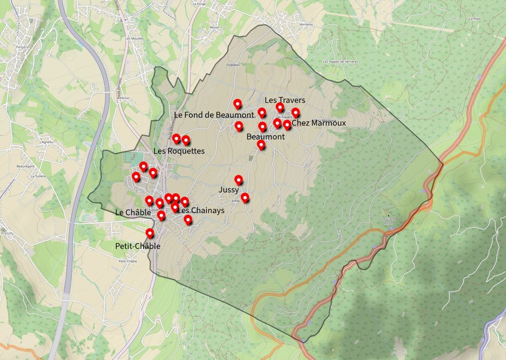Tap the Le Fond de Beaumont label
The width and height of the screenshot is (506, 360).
(214, 114)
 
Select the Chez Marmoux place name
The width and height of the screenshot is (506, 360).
(319, 123)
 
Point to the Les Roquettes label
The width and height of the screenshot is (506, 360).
(178, 151)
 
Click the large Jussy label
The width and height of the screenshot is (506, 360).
(229, 190)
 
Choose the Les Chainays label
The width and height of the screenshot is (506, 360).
(201, 210)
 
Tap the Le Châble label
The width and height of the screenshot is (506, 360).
(133, 213)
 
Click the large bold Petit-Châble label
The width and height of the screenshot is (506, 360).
(137, 246)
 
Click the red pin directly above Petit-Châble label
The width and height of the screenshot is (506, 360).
(150, 233)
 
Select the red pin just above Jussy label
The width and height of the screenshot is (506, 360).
(238, 180)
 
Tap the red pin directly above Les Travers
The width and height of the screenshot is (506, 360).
(280, 107)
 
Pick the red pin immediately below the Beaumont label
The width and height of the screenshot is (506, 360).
(261, 145)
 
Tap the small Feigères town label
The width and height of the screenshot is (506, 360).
(22, 47)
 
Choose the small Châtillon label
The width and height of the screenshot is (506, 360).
(233, 64)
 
